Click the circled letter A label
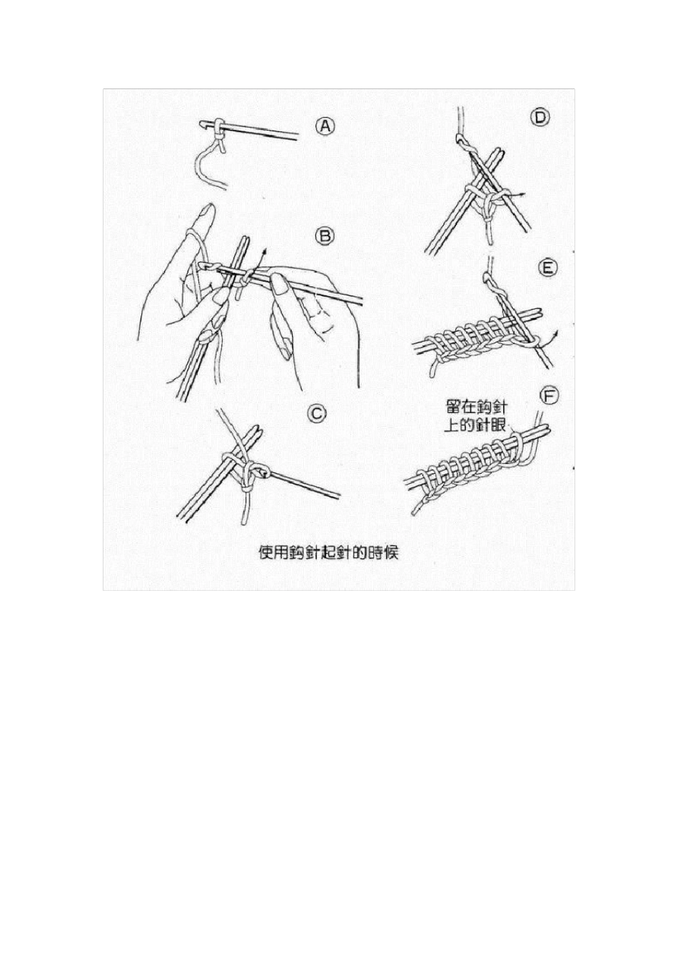tap(325, 126)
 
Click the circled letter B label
tap(325, 236)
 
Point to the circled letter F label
tap(550, 395)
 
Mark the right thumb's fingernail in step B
tap(280, 285)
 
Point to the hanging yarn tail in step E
tap(432, 367)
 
